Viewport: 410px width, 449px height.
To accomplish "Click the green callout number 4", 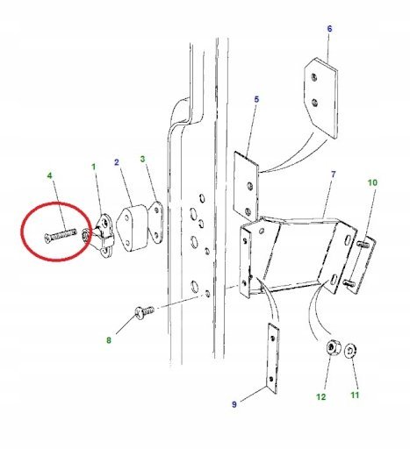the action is point(49,175).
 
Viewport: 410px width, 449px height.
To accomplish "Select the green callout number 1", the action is point(94,167).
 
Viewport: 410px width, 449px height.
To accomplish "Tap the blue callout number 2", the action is point(117,162).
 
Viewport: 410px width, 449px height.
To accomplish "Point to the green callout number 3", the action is point(142,159).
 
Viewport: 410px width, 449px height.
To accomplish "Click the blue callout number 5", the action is point(256,99).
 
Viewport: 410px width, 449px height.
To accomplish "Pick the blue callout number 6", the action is point(329,29).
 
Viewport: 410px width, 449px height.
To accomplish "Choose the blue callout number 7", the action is point(333,175).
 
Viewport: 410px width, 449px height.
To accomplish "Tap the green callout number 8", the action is point(109,340).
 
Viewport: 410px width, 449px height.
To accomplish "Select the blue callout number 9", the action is point(234,404).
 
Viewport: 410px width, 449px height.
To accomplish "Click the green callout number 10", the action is point(372,182).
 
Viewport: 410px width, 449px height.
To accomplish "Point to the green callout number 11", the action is point(355,396).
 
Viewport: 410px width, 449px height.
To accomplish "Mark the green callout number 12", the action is point(320,397).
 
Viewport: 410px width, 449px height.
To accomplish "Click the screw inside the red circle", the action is point(61,235).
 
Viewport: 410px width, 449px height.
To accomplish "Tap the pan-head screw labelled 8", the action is point(144,311).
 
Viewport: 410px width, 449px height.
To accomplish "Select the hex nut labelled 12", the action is point(332,347).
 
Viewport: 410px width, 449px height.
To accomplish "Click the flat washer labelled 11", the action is point(349,351).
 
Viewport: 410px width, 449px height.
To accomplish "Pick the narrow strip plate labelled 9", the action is point(273,359).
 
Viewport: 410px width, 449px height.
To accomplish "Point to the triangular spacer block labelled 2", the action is point(133,228).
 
